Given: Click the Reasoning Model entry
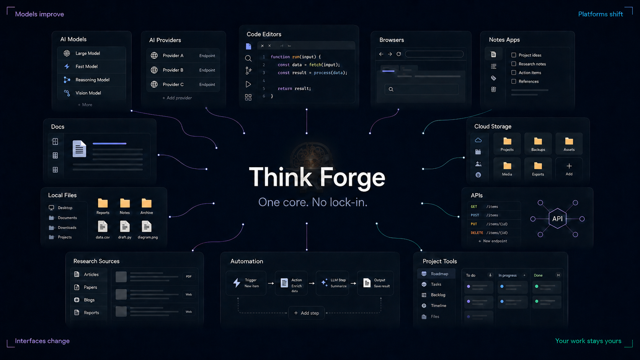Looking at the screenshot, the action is [x=92, y=80].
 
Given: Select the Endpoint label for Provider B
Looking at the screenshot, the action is [x=207, y=70].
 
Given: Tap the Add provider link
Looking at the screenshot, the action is [x=177, y=98].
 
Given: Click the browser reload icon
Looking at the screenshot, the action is [x=398, y=54].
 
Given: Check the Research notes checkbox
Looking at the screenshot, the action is [x=514, y=64].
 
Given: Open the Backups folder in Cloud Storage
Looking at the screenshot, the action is [x=538, y=144].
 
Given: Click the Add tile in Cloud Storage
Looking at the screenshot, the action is [x=569, y=169].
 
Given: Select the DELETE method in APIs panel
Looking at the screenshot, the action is [x=477, y=233].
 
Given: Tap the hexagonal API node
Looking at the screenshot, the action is [x=557, y=219].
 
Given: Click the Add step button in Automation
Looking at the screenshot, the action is [x=306, y=313].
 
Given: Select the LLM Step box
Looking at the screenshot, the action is [x=333, y=283].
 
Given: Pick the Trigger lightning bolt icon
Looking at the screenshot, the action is [x=237, y=283].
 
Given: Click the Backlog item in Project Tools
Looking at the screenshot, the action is [x=438, y=295].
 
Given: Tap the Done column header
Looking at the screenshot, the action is [x=538, y=275].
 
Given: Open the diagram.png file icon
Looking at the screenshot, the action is [x=147, y=226].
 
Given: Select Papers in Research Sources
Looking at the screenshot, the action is [x=90, y=287].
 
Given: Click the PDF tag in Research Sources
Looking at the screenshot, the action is [x=189, y=276].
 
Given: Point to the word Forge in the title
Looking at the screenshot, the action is [x=352, y=177].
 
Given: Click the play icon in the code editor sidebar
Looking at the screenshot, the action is [x=248, y=84].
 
